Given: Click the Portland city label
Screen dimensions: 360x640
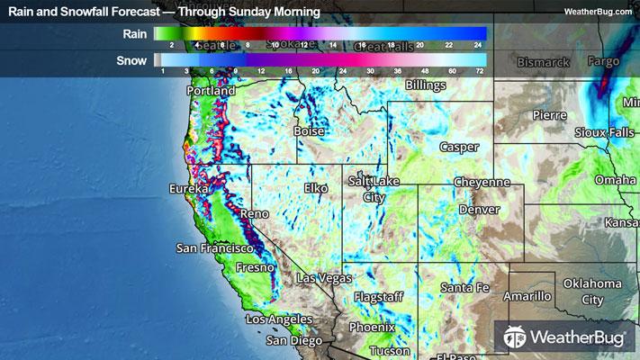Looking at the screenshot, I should (211, 91).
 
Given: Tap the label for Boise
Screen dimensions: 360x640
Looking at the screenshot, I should (309, 130).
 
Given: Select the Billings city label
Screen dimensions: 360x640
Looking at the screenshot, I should (426, 85).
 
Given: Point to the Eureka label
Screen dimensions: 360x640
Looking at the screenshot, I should (188, 190).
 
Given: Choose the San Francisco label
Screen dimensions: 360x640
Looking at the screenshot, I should (212, 247).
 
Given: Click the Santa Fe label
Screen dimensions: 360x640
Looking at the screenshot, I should (464, 287).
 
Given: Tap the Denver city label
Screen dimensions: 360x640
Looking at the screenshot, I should (479, 209).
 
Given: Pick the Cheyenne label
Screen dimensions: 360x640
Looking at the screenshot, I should (481, 182).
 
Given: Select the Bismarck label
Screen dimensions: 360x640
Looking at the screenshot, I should (545, 62).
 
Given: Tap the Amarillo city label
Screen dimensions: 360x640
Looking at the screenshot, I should (527, 296).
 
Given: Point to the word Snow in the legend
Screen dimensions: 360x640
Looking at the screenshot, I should (132, 60).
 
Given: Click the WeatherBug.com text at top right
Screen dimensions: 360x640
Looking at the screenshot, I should (595, 11).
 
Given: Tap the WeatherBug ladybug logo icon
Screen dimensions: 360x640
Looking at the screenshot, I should (517, 337).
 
